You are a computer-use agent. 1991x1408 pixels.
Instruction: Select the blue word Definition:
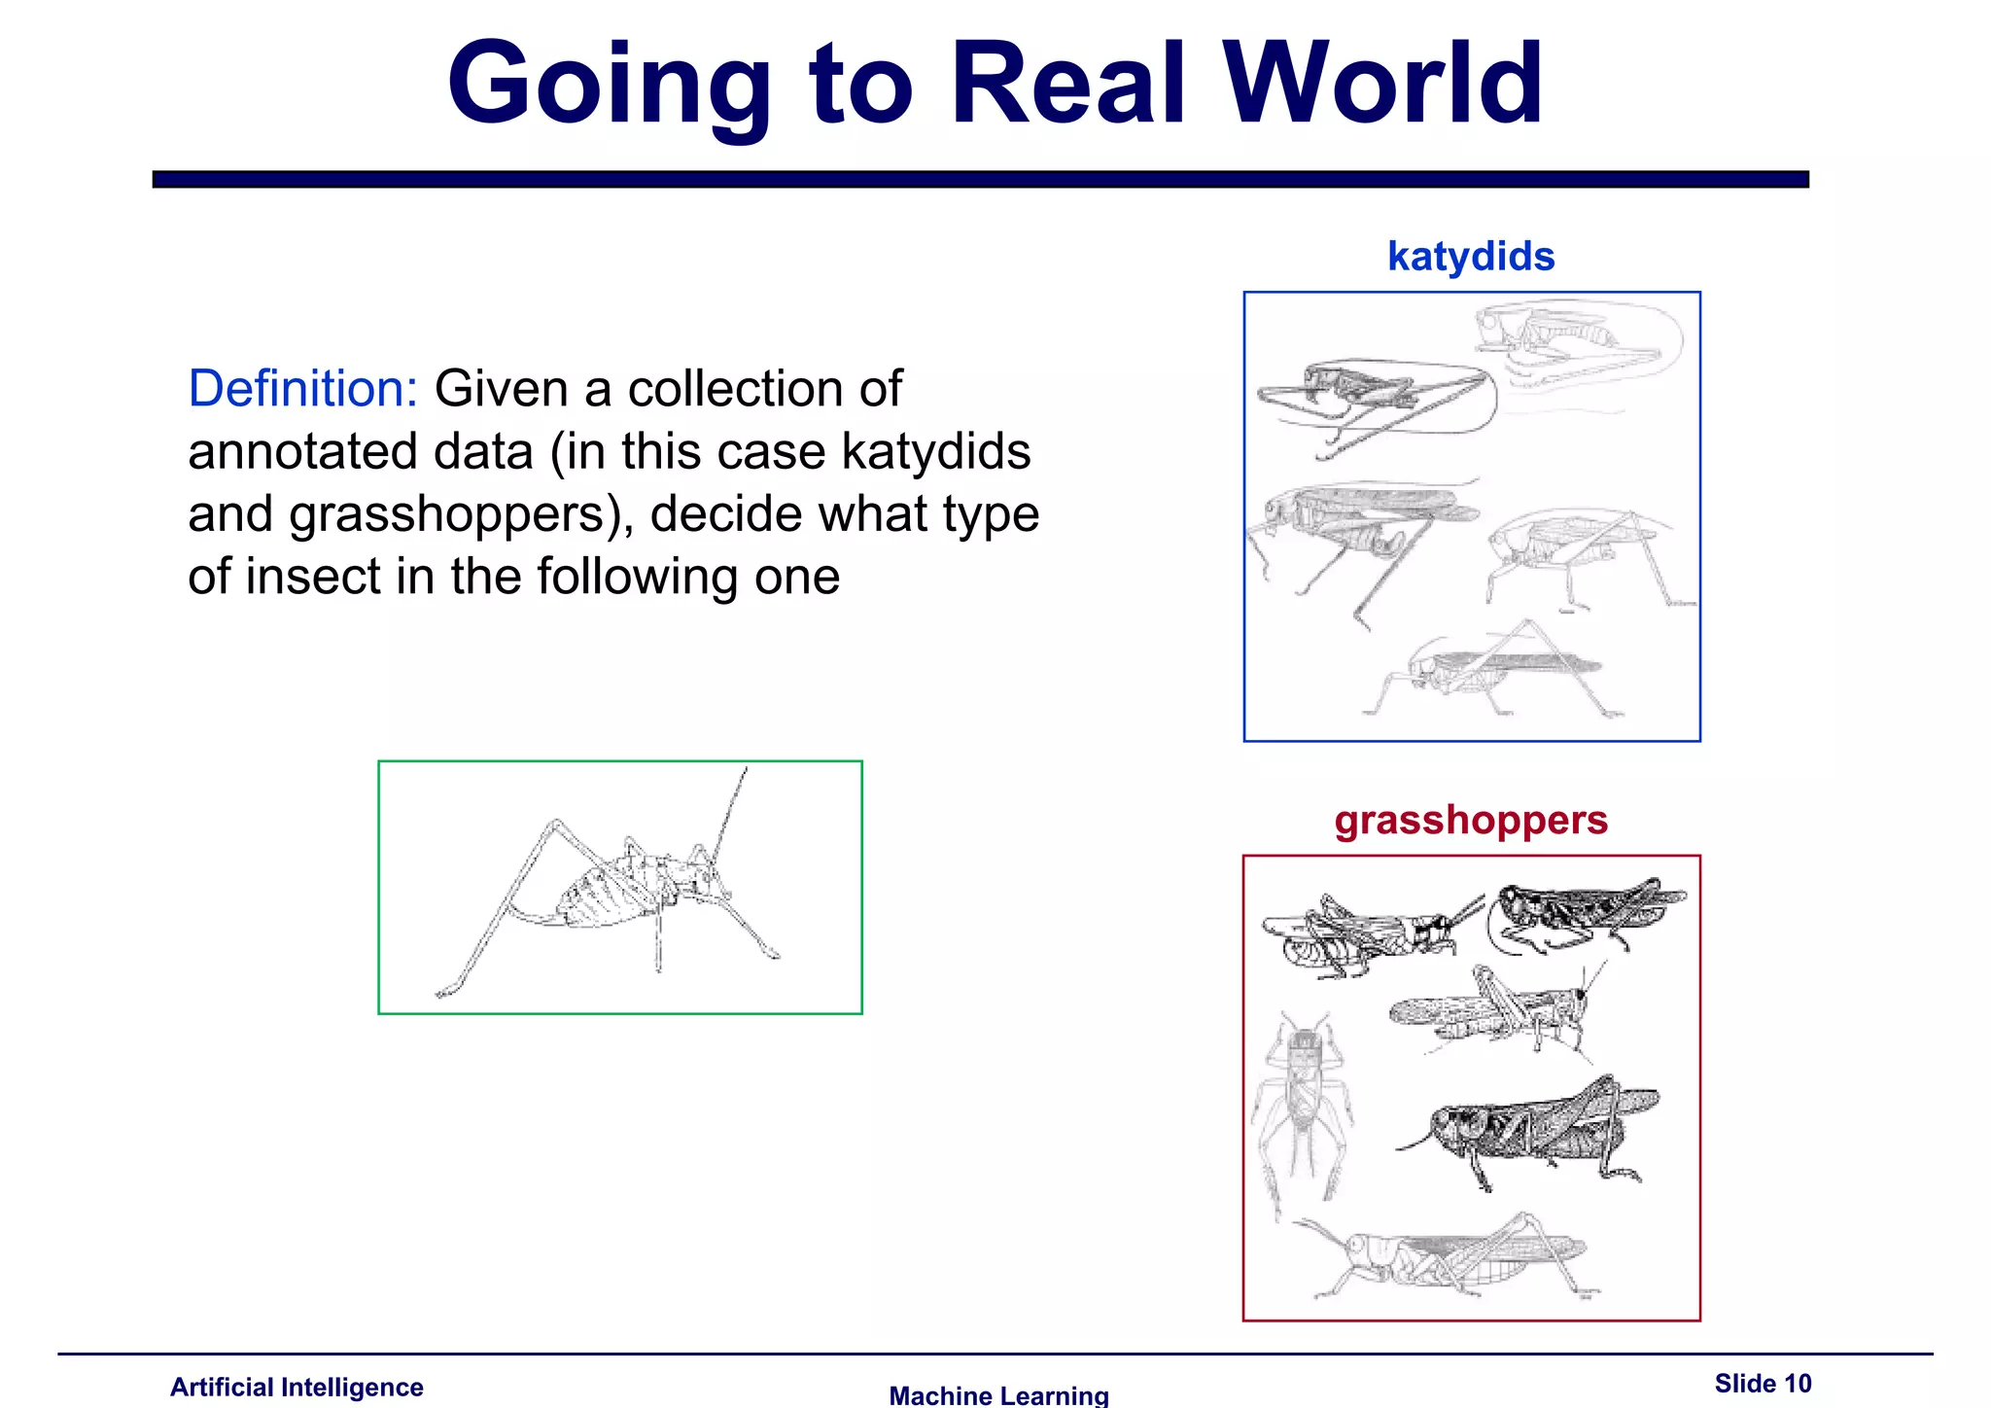click(x=302, y=389)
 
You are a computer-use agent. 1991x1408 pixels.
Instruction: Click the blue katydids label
click(x=1471, y=257)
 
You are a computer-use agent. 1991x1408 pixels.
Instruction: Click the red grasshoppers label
click(x=1471, y=820)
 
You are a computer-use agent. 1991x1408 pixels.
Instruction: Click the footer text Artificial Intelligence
click(x=297, y=1387)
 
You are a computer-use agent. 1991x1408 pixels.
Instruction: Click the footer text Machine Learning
click(x=998, y=1395)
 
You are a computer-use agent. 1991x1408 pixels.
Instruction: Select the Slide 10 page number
click(x=1763, y=1383)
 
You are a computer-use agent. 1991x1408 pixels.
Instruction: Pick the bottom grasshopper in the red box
click(x=1449, y=1259)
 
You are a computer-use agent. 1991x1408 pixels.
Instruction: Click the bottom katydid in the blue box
click(x=1492, y=671)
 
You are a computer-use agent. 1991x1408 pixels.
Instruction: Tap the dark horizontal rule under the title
click(x=980, y=179)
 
